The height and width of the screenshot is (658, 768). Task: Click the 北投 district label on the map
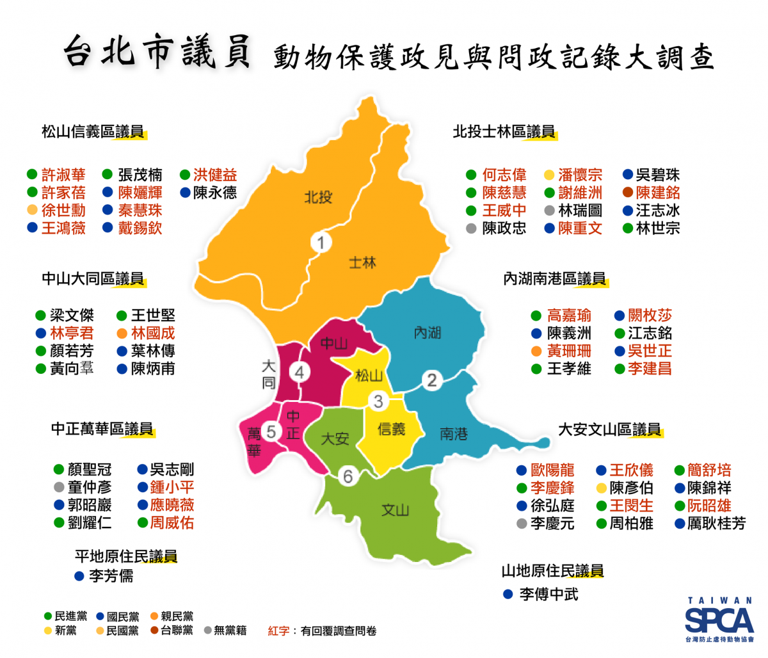tap(318, 197)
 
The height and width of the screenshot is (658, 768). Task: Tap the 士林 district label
tap(363, 262)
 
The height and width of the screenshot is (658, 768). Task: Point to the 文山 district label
tap(395, 510)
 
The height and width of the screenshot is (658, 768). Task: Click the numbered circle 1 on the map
tap(321, 243)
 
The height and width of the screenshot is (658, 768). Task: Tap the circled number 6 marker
tap(348, 476)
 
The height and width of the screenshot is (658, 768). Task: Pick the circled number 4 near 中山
tap(300, 372)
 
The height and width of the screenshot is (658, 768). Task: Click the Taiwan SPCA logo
tap(719, 620)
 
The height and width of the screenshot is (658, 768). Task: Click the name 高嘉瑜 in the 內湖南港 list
tap(569, 316)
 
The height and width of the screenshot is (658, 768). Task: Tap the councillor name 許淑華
tap(63, 175)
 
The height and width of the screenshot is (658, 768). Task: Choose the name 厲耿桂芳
tap(716, 524)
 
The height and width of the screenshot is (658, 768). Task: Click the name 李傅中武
tap(548, 595)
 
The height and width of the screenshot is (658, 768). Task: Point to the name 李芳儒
tap(111, 576)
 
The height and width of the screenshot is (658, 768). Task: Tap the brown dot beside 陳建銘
tap(628, 193)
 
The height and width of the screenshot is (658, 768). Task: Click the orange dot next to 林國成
tap(122, 333)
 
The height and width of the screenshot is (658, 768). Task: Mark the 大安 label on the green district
tap(335, 438)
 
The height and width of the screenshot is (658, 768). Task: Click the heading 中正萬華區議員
tap(102, 429)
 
